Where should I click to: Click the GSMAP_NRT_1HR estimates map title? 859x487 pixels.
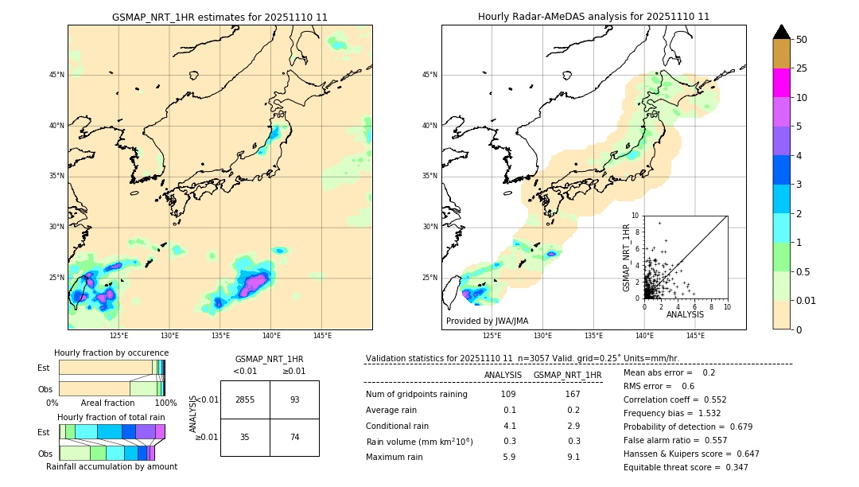[x=220, y=17]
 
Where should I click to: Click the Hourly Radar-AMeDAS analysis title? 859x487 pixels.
[x=593, y=17]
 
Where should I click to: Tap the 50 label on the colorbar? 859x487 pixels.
[x=802, y=39]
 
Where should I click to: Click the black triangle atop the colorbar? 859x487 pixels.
[x=782, y=32]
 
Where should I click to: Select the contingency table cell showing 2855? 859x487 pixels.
[x=245, y=399]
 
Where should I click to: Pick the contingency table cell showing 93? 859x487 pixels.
[x=294, y=399]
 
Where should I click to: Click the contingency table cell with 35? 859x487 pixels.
[x=245, y=437]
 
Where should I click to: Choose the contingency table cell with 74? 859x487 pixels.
[x=294, y=437]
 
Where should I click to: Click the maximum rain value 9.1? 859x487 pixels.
[x=573, y=457]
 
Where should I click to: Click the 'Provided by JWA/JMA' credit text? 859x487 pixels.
[x=487, y=321]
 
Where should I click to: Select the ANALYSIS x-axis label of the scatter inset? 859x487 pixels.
[x=685, y=314]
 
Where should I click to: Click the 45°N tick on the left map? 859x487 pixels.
[x=56, y=75]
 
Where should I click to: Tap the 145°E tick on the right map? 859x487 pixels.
[x=695, y=336]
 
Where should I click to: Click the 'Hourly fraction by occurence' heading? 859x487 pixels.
[x=111, y=353]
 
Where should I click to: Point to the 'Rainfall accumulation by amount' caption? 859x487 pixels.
[x=111, y=466]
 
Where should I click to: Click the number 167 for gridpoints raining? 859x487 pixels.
[x=573, y=394]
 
